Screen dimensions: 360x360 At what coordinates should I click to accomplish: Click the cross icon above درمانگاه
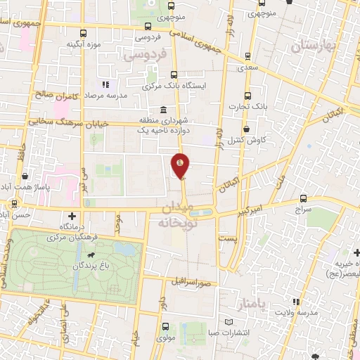pos(71,215)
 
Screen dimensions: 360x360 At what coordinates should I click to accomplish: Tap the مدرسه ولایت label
pos(294,311)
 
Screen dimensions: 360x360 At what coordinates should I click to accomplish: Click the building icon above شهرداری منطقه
pos(163,110)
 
